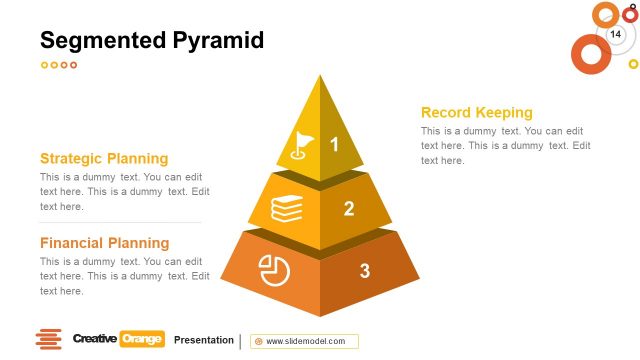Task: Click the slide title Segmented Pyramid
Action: coord(151,40)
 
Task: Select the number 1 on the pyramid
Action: coord(335,145)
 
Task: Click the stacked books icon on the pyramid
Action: coord(287,209)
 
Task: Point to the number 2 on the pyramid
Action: coord(349,209)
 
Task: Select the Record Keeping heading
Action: coord(476,113)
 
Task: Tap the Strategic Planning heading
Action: coord(104,158)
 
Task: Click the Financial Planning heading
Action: coord(104,243)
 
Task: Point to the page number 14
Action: coord(616,35)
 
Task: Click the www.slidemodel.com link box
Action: coord(304,341)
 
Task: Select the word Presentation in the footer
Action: coord(203,340)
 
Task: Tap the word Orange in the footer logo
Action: coord(141,339)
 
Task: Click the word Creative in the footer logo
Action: coord(94,339)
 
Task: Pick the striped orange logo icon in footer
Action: coord(48,340)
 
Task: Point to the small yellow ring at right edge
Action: coord(633,64)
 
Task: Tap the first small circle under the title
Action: coord(44,65)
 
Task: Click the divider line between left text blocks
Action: coord(120,222)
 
